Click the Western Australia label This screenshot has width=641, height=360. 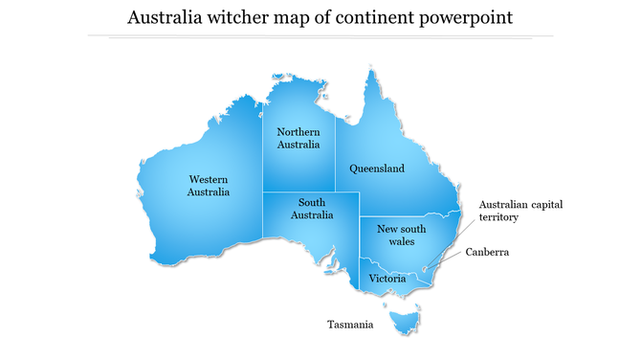[209, 185]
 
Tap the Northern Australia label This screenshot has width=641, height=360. [298, 138]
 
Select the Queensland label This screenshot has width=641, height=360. [376, 169]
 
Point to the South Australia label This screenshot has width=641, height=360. [312, 209]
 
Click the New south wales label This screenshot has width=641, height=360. [401, 236]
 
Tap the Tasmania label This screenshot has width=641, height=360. [349, 325]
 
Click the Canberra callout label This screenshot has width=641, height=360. [487, 253]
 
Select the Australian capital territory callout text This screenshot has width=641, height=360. [512, 211]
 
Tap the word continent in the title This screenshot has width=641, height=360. [368, 18]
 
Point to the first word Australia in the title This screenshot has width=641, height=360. [165, 18]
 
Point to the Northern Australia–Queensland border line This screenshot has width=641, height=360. [335, 153]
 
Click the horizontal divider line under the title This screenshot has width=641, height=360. [320, 36]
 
